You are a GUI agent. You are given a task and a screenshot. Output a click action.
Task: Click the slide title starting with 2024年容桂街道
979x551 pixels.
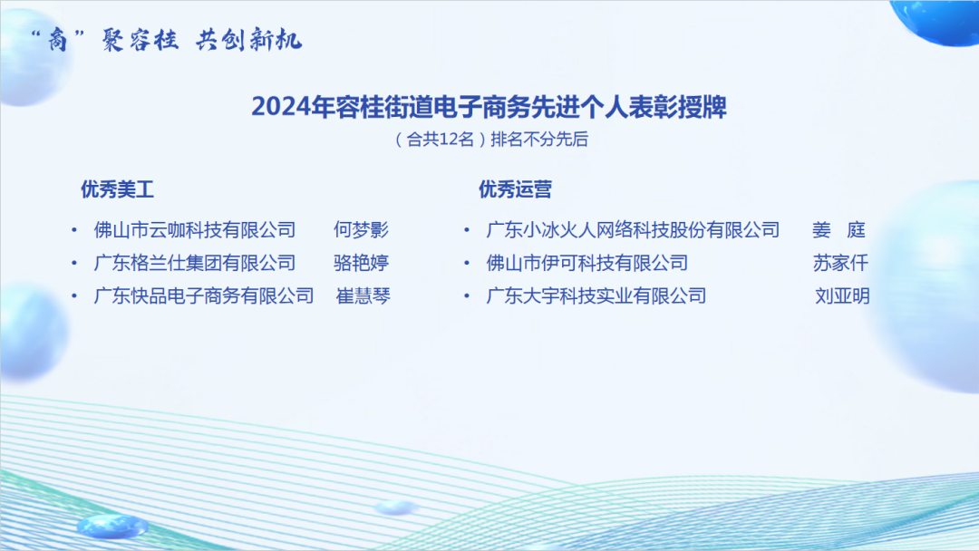[489, 107]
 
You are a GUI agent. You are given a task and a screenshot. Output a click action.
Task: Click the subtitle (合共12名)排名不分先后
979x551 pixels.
[491, 140]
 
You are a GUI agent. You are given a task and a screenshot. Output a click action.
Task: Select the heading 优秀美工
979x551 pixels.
[117, 189]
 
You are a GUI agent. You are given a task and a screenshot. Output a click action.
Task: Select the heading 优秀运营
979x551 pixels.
[515, 189]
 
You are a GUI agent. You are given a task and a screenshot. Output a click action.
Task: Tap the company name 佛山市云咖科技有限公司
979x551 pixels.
[195, 229]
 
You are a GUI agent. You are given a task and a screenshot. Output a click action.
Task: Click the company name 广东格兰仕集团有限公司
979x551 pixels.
[195, 263]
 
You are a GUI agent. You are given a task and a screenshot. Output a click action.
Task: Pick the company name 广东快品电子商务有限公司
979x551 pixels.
[204, 295]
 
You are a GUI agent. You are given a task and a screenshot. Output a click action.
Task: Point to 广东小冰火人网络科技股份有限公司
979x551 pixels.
[633, 229]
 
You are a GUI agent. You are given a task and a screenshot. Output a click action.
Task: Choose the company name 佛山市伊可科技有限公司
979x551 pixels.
[586, 263]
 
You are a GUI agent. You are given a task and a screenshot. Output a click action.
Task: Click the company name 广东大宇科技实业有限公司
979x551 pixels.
[596, 295]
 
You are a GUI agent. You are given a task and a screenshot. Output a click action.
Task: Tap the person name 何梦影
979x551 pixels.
[361, 229]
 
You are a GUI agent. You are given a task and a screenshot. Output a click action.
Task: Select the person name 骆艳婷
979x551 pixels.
[361, 263]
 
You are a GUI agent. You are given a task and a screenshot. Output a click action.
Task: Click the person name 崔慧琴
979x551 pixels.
[363, 295]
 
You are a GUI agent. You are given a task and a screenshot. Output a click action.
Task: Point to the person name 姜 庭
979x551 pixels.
[839, 229]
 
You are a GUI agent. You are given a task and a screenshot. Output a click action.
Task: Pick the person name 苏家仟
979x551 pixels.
[840, 263]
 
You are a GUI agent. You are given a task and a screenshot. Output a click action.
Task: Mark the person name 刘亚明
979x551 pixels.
[842, 295]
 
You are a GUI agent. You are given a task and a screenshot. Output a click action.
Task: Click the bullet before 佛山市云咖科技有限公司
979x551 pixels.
[74, 230]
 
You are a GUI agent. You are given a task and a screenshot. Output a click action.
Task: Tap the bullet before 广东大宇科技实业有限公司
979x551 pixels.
[467, 295]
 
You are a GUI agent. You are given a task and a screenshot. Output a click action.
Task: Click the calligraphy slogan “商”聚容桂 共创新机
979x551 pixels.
[167, 40]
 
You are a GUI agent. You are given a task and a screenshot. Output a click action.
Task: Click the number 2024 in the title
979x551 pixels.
[281, 107]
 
